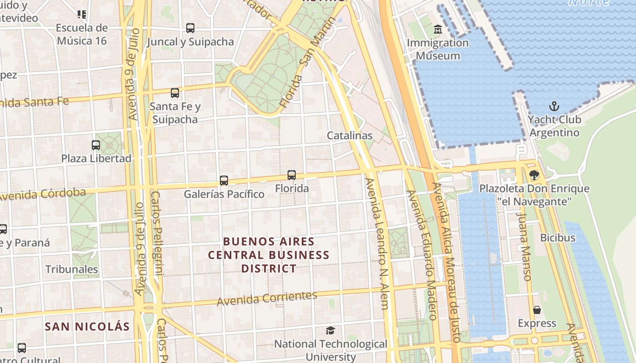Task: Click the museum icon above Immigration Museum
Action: point(437,29)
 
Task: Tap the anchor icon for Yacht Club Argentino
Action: point(554,107)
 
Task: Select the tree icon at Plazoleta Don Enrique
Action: point(534,175)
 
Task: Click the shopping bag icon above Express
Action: point(537,310)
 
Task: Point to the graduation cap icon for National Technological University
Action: point(330,331)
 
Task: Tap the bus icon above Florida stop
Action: point(292,175)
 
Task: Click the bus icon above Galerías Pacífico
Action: point(224,181)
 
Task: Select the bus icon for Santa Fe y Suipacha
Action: point(175,93)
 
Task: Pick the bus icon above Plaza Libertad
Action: point(96,145)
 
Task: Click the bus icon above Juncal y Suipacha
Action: point(190,28)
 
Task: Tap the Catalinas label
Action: point(349,136)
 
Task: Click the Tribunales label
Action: point(71,269)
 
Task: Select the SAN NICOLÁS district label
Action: point(87,326)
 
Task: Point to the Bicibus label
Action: point(557,238)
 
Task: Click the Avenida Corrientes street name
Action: point(267,298)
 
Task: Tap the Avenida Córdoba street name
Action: point(43,194)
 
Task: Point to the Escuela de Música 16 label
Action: point(82,34)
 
